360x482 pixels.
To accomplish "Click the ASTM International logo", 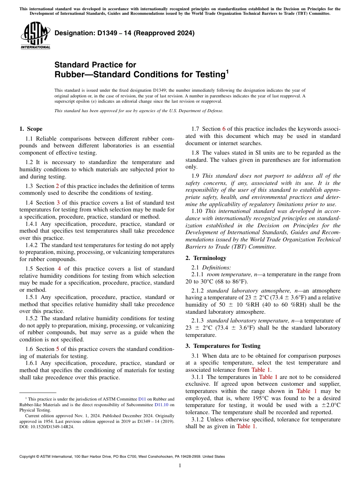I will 35,35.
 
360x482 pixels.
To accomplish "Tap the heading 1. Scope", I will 31,129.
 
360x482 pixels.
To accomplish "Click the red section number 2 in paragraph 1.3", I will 58,186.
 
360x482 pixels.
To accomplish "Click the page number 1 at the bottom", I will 180,466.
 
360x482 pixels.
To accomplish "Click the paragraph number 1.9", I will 196,176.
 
